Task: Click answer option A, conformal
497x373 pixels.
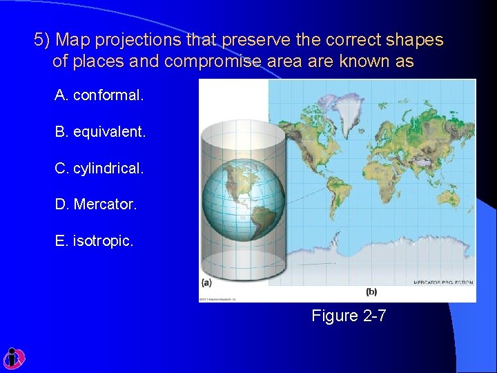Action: click(99, 95)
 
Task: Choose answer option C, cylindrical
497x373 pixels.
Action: click(99, 168)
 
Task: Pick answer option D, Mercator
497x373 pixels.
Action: click(96, 204)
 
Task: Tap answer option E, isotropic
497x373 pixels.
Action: click(94, 241)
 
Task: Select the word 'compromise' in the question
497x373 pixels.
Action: click(213, 61)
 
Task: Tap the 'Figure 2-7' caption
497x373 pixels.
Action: click(349, 316)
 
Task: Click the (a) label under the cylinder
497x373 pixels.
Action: click(206, 282)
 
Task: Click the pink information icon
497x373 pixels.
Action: click(13, 358)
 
